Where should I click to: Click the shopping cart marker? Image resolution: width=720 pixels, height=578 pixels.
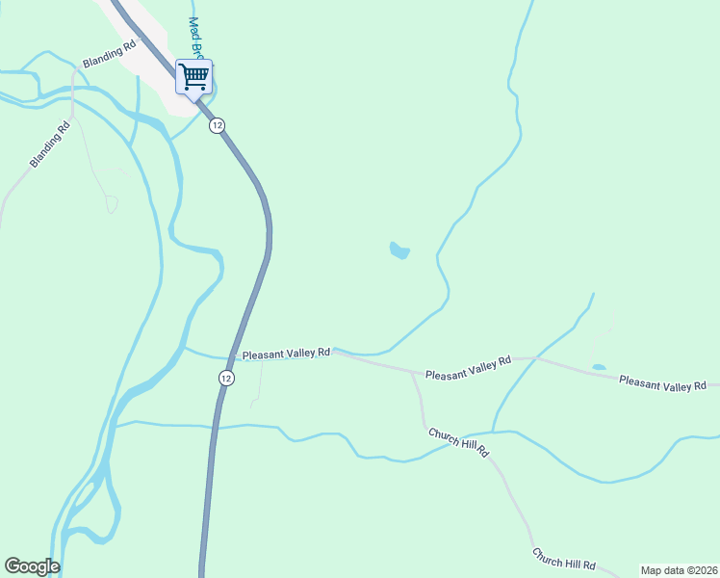pos(194,76)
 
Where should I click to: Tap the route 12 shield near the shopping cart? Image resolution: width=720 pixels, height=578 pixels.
pos(218,124)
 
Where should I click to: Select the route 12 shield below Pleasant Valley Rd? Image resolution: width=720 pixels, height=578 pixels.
pos(225,378)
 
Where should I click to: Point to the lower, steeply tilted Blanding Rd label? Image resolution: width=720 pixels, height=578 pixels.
pos(50,144)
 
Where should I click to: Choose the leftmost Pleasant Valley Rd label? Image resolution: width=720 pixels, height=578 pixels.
pos(286,354)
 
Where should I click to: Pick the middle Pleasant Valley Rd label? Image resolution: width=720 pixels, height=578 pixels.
pos(468,367)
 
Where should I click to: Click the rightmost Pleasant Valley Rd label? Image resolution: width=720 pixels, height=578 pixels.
pos(663,383)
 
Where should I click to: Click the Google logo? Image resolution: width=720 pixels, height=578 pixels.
pos(32,566)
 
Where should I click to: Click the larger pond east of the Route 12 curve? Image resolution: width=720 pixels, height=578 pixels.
pos(399,251)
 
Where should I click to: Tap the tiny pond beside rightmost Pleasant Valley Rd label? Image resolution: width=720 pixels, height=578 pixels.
pos(599,367)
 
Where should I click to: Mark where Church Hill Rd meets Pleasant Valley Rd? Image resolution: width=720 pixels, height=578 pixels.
pos(412,372)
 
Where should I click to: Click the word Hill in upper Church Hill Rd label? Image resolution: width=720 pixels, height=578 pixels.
pos(461,442)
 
